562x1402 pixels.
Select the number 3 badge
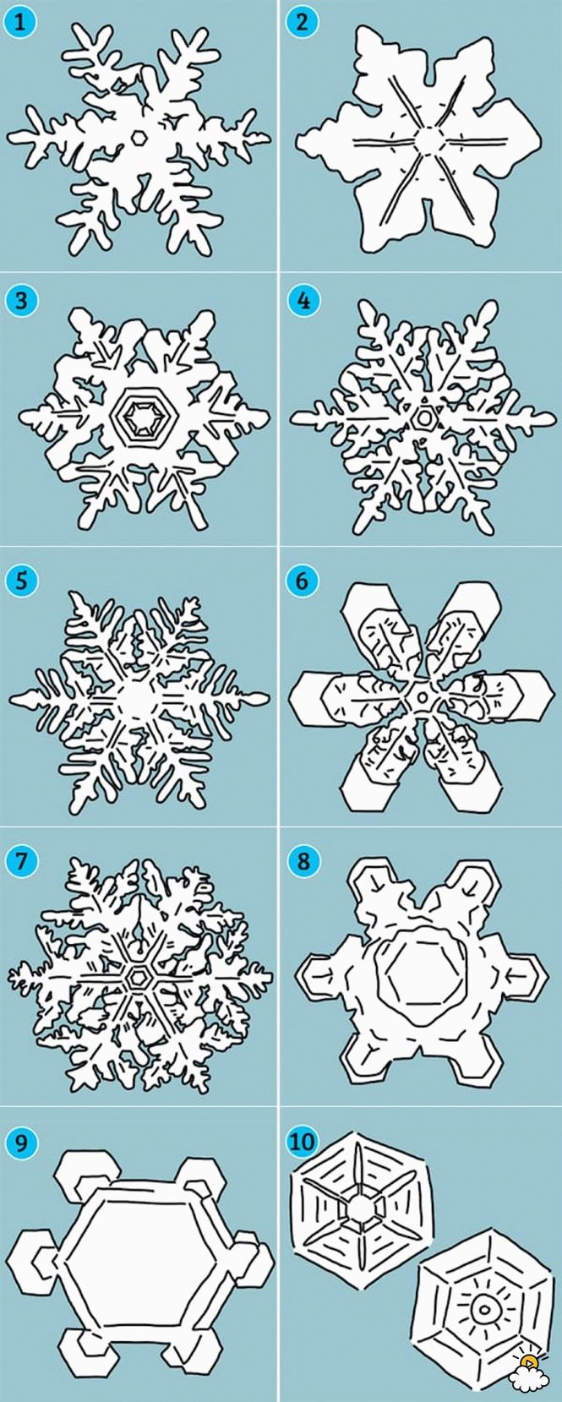(20, 301)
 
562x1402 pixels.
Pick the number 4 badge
(302, 301)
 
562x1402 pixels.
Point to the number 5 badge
(20, 581)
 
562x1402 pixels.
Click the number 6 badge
(302, 581)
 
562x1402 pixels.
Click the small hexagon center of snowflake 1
(139, 137)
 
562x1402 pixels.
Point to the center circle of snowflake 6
(423, 696)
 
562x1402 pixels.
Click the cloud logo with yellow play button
(529, 1379)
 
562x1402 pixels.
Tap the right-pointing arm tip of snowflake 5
(262, 696)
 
